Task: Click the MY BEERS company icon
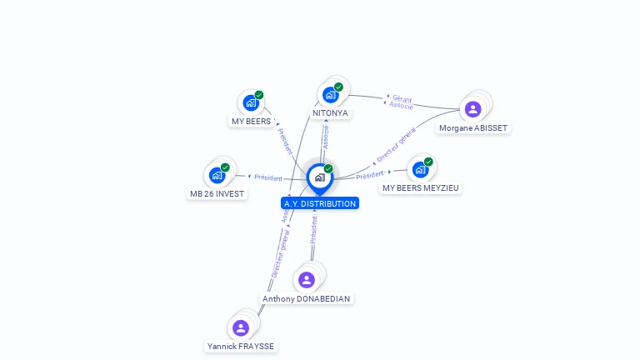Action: pos(250,103)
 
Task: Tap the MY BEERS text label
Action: pos(251,122)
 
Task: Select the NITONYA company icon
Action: pos(331,95)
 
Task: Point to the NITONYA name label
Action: pos(331,113)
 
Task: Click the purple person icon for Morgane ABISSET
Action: pos(473,109)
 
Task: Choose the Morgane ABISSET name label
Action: pos(473,128)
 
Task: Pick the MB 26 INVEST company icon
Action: pos(217,175)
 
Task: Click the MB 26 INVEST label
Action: pos(217,194)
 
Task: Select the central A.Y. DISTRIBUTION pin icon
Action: pos(319,177)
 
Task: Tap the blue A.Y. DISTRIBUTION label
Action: pos(320,203)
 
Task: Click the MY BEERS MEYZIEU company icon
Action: pos(420,169)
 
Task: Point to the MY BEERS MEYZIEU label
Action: pos(421,188)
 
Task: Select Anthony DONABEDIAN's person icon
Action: pos(307,280)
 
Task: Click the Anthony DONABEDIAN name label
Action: pos(307,298)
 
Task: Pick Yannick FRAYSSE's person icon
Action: pos(241,327)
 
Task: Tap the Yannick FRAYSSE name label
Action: pos(241,346)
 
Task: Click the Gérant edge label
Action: pos(402,99)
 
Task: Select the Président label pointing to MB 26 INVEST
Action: pos(268,177)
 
